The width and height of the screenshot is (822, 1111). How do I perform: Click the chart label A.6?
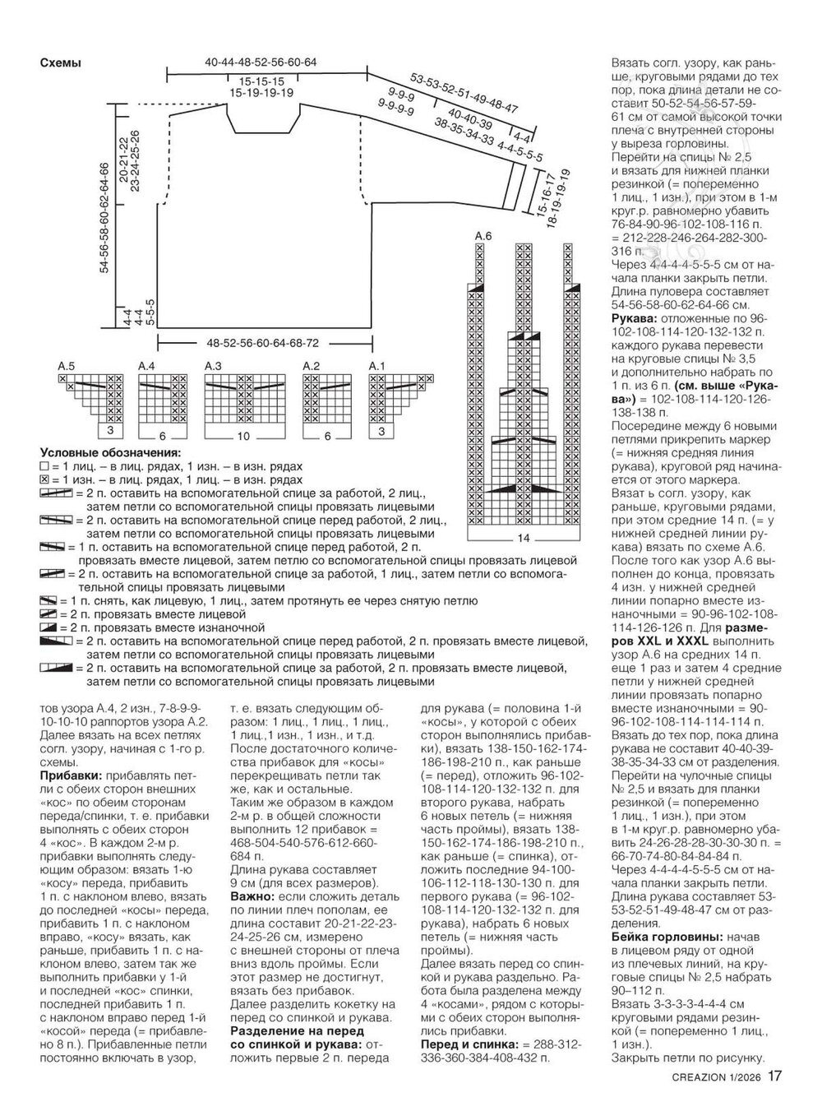(483, 237)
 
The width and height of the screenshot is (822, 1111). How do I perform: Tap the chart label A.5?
(67, 365)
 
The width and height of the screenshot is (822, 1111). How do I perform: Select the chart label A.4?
(146, 365)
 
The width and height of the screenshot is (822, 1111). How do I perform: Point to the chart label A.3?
(213, 365)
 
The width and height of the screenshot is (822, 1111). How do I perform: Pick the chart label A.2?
(312, 365)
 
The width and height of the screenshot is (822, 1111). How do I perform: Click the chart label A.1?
(377, 365)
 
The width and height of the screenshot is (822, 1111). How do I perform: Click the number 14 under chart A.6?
(523, 538)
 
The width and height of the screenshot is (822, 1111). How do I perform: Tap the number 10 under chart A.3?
(243, 436)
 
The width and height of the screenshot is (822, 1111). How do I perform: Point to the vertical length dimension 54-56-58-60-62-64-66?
(105, 218)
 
